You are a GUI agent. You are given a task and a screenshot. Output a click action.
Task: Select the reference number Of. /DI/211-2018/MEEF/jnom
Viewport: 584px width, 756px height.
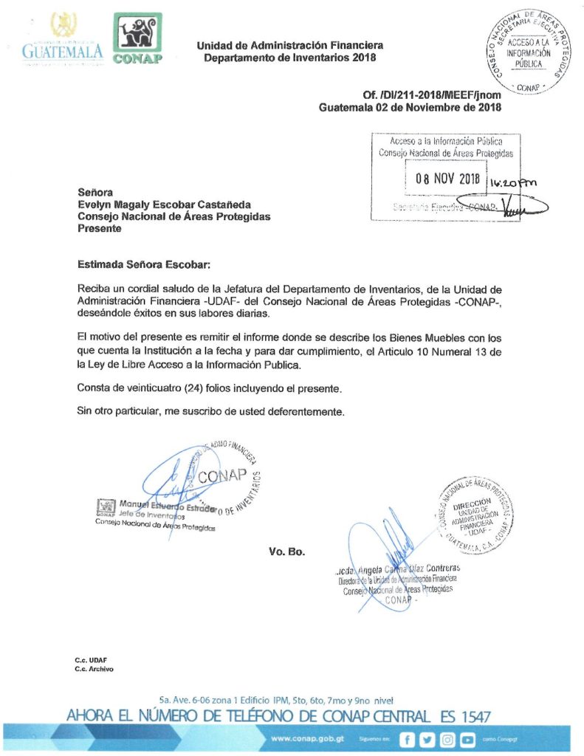(x=432, y=95)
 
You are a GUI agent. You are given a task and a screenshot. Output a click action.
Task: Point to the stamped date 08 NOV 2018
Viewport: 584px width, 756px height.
(x=447, y=179)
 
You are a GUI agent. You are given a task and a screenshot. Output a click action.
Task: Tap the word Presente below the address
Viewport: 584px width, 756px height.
(x=100, y=229)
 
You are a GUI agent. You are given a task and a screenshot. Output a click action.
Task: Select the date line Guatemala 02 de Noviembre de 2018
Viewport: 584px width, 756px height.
(x=410, y=107)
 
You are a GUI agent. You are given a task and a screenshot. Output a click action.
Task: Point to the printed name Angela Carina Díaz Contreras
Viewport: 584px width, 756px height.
(x=413, y=568)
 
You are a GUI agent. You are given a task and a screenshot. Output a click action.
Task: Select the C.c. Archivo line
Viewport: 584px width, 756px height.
(x=94, y=669)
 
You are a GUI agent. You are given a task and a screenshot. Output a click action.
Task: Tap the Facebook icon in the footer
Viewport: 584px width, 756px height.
(x=407, y=739)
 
